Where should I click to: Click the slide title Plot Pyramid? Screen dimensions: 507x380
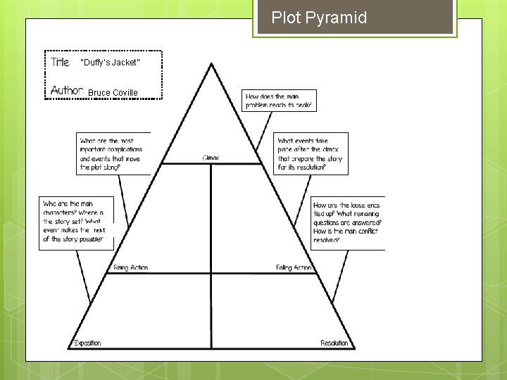(319, 18)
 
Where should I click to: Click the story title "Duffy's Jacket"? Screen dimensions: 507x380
(111, 63)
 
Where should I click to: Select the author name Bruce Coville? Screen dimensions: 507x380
(113, 93)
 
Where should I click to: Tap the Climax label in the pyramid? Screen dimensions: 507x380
(211, 158)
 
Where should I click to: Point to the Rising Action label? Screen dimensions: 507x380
(130, 268)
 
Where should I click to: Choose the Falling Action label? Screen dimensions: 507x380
(294, 268)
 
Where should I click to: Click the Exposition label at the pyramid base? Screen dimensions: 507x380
(87, 343)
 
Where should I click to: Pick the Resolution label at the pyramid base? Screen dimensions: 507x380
(334, 343)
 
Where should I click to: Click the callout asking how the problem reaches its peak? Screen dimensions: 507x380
(279, 101)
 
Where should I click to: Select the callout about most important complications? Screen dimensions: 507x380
(113, 153)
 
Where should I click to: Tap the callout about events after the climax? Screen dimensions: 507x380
(311, 154)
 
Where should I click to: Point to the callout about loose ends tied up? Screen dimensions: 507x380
(347, 222)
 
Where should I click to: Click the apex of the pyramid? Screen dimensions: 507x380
(211, 64)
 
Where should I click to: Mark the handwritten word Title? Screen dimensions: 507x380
(61, 63)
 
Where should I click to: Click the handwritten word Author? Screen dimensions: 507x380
(68, 91)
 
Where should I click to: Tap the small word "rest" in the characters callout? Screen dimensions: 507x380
(99, 230)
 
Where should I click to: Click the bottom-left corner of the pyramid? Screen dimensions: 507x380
(68, 348)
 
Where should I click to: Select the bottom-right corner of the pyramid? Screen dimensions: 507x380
(355, 348)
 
